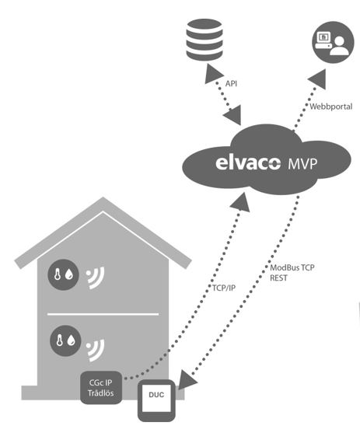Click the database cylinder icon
204,40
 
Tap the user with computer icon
333,43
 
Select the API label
231,84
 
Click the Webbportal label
331,106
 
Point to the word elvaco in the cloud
248,163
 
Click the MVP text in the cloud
302,164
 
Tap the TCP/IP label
224,288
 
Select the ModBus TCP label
292,268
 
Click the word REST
278,278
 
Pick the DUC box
156,400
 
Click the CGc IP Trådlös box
101,388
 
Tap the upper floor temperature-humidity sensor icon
63,274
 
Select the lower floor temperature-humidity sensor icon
65,340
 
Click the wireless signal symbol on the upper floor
96,278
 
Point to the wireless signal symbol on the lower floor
96,351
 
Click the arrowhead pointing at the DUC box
187,379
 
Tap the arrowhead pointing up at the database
213,74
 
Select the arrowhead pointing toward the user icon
317,79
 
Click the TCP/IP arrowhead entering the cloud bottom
241,202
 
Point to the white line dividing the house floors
103,314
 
